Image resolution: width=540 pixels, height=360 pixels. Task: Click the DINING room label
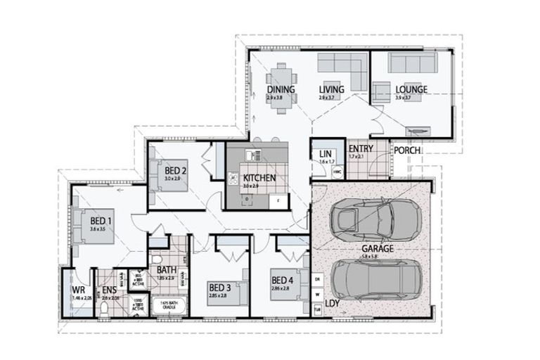[279, 90]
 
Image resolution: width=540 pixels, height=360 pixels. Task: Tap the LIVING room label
[330, 90]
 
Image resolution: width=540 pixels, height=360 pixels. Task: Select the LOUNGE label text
[411, 90]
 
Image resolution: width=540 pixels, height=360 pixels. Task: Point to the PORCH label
[407, 150]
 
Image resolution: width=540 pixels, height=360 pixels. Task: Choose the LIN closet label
[325, 154]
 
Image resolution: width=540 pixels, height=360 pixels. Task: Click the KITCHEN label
[259, 179]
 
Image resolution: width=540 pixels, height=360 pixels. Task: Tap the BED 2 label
[175, 170]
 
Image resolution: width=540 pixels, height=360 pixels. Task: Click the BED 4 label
[283, 281]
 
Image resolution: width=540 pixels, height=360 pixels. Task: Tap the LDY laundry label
[333, 304]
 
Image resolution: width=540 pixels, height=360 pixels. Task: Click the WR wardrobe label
[78, 290]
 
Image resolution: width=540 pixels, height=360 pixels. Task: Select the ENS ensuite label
[110, 290]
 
